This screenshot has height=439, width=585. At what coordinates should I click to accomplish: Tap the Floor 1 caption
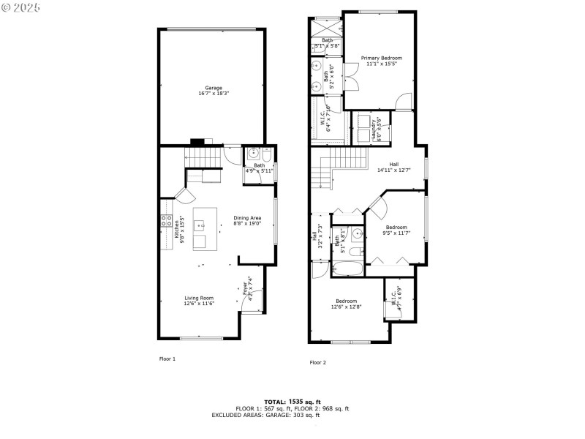167,359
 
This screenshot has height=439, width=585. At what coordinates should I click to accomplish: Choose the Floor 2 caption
318,362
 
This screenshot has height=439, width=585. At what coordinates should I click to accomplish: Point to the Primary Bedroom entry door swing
403,102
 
